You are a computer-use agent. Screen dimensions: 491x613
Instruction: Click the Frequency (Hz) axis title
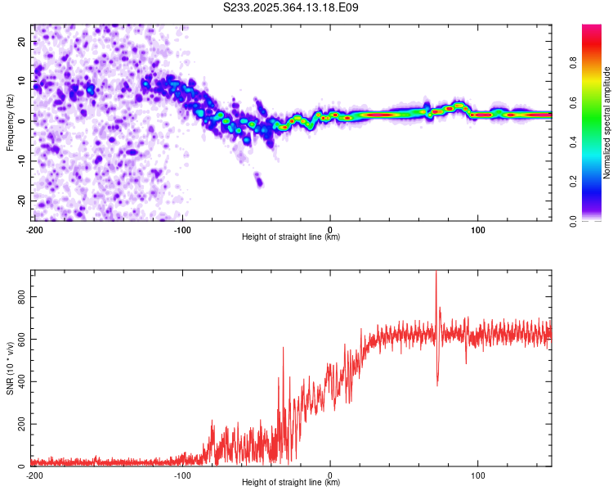click(x=10, y=121)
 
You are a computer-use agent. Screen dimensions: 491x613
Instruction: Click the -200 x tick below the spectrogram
click(x=34, y=230)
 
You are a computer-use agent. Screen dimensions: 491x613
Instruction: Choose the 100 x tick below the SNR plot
click(x=478, y=475)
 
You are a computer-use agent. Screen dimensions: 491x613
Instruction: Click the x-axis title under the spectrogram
click(x=291, y=237)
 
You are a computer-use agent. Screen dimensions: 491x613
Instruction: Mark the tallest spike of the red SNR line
click(x=436, y=273)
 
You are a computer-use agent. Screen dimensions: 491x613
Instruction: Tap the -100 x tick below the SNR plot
click(x=182, y=475)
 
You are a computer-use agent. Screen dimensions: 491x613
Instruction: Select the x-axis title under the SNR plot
click(x=291, y=483)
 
